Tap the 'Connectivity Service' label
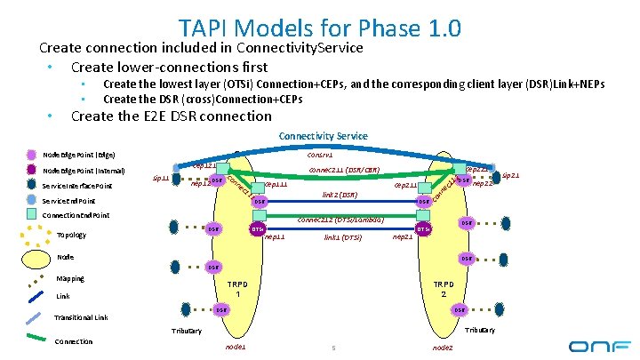323,136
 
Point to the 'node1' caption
236,347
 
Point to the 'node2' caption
442,347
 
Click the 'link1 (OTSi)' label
342,237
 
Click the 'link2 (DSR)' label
339,195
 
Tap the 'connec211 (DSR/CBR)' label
344,169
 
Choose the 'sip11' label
161,178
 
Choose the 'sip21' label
509,176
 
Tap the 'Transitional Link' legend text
81,316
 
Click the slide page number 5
331,347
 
